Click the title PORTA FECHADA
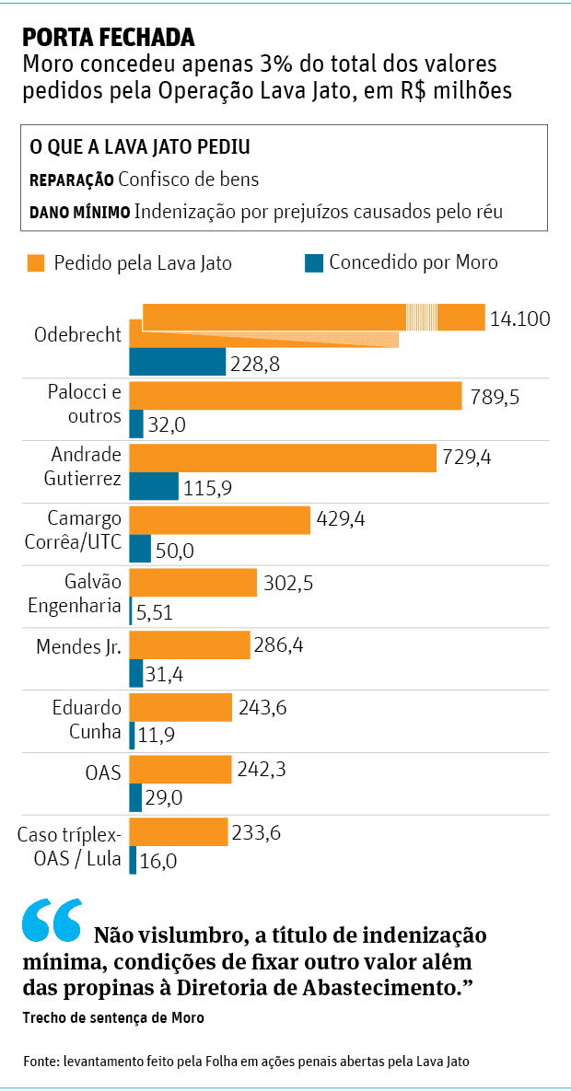[109, 37]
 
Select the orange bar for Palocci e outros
[295, 396]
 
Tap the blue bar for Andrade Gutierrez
[154, 487]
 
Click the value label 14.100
[520, 319]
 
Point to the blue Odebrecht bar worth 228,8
[177, 362]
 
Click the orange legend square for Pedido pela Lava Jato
[36, 262]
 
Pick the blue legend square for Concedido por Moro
[313, 262]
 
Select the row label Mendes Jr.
[79, 646]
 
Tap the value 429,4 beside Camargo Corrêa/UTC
[341, 519]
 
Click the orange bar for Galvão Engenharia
[192, 582]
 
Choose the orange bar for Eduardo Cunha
[181, 707]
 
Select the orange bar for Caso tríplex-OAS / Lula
[179, 831]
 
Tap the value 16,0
[157, 861]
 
